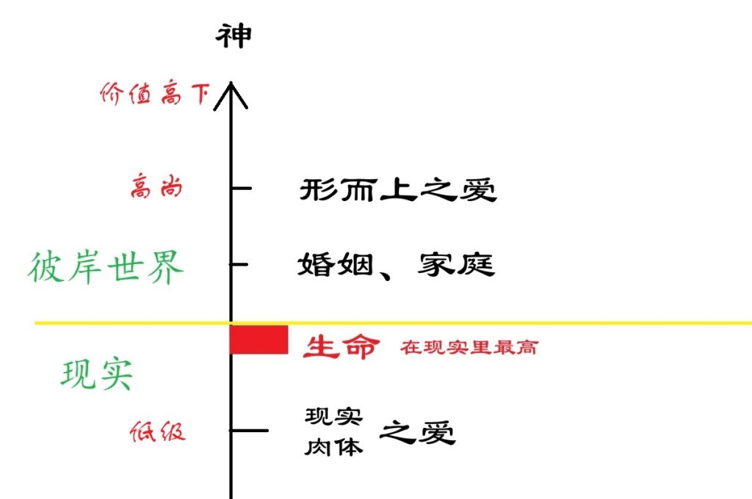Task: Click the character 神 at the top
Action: (233, 35)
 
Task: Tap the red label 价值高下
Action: (154, 94)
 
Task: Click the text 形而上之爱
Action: (398, 191)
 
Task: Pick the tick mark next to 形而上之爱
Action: (242, 189)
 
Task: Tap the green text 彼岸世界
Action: (106, 268)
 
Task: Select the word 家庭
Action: (457, 264)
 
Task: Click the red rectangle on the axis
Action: (258, 340)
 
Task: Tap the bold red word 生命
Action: (341, 346)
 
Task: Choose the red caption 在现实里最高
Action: (469, 347)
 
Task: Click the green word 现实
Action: (97, 376)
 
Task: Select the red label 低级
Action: (157, 431)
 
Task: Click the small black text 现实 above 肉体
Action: (334, 417)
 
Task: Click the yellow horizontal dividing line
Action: (514, 323)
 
